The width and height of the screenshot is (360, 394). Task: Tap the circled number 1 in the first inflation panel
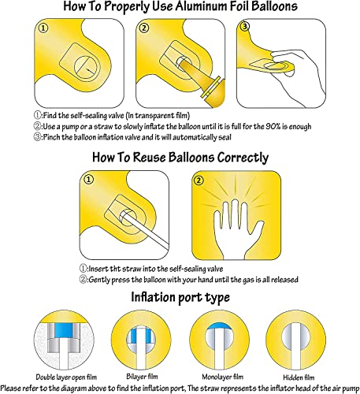pos(43,28)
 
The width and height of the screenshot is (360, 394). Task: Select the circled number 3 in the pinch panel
pos(245,26)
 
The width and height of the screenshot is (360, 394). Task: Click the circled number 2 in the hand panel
pos(199,180)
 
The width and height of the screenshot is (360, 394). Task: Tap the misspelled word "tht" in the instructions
pos(115,269)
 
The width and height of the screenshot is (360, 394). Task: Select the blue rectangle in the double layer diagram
pos(63,330)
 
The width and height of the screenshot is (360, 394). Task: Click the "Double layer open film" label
pos(66,377)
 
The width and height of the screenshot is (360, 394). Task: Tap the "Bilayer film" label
pos(142,377)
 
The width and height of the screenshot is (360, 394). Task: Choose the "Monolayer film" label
pos(222,377)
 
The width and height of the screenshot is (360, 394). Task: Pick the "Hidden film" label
pos(299,377)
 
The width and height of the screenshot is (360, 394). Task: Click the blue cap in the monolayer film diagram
pos(218,325)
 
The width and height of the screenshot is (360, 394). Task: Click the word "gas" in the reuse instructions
pos(248,280)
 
